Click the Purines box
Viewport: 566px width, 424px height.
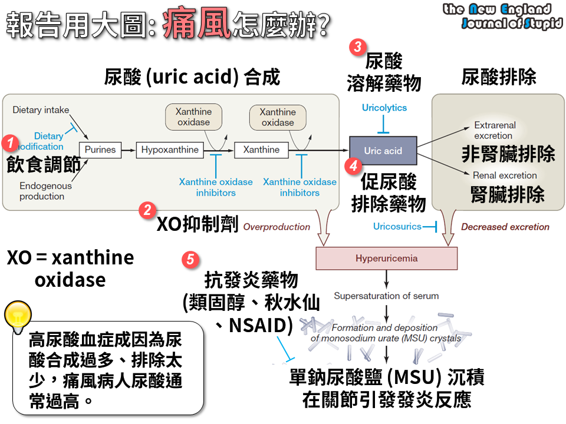[x=100, y=150]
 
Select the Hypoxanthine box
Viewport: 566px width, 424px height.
[x=170, y=150]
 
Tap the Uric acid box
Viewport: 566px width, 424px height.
[x=383, y=151]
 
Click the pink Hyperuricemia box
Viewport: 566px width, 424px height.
[x=387, y=258]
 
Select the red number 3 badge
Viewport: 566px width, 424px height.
[x=357, y=47]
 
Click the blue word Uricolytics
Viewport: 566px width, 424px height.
[x=384, y=108]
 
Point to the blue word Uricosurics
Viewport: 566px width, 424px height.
[x=397, y=226]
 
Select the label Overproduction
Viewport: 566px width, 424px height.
[x=277, y=227]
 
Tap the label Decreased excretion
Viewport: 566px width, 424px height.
[x=505, y=227]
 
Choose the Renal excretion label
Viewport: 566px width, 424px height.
[x=505, y=175]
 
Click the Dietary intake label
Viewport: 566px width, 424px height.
[x=41, y=110]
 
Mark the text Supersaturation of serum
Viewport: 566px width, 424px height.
[x=386, y=296]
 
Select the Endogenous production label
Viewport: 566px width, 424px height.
[x=45, y=191]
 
